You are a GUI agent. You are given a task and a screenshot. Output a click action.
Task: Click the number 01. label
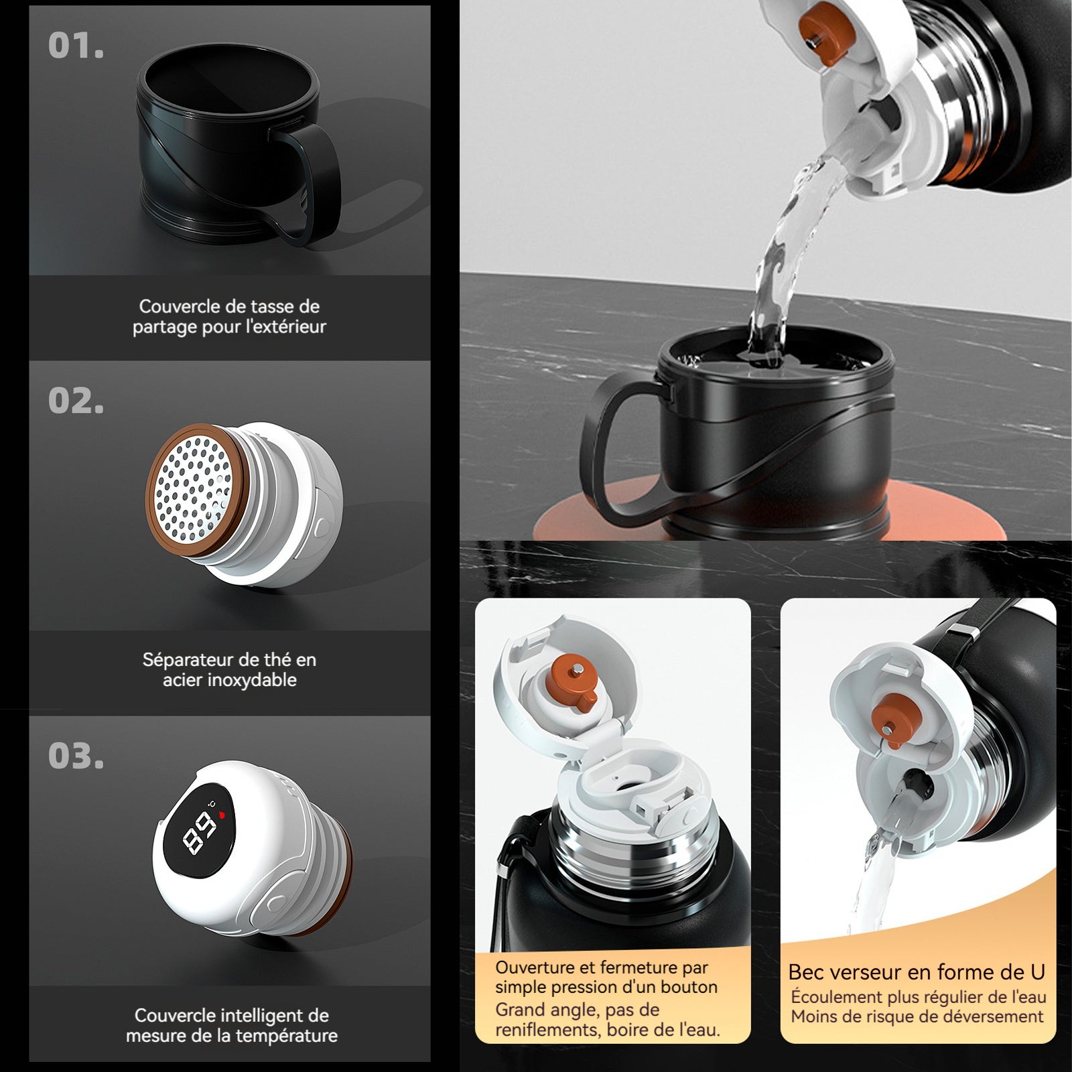tap(76, 46)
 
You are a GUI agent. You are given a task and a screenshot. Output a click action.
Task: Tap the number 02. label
tap(76, 401)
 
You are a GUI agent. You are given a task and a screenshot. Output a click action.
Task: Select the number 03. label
tap(76, 756)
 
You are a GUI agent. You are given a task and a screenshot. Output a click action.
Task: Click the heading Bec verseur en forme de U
tap(917, 972)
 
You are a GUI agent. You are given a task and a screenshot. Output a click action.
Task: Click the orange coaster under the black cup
tap(770, 513)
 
